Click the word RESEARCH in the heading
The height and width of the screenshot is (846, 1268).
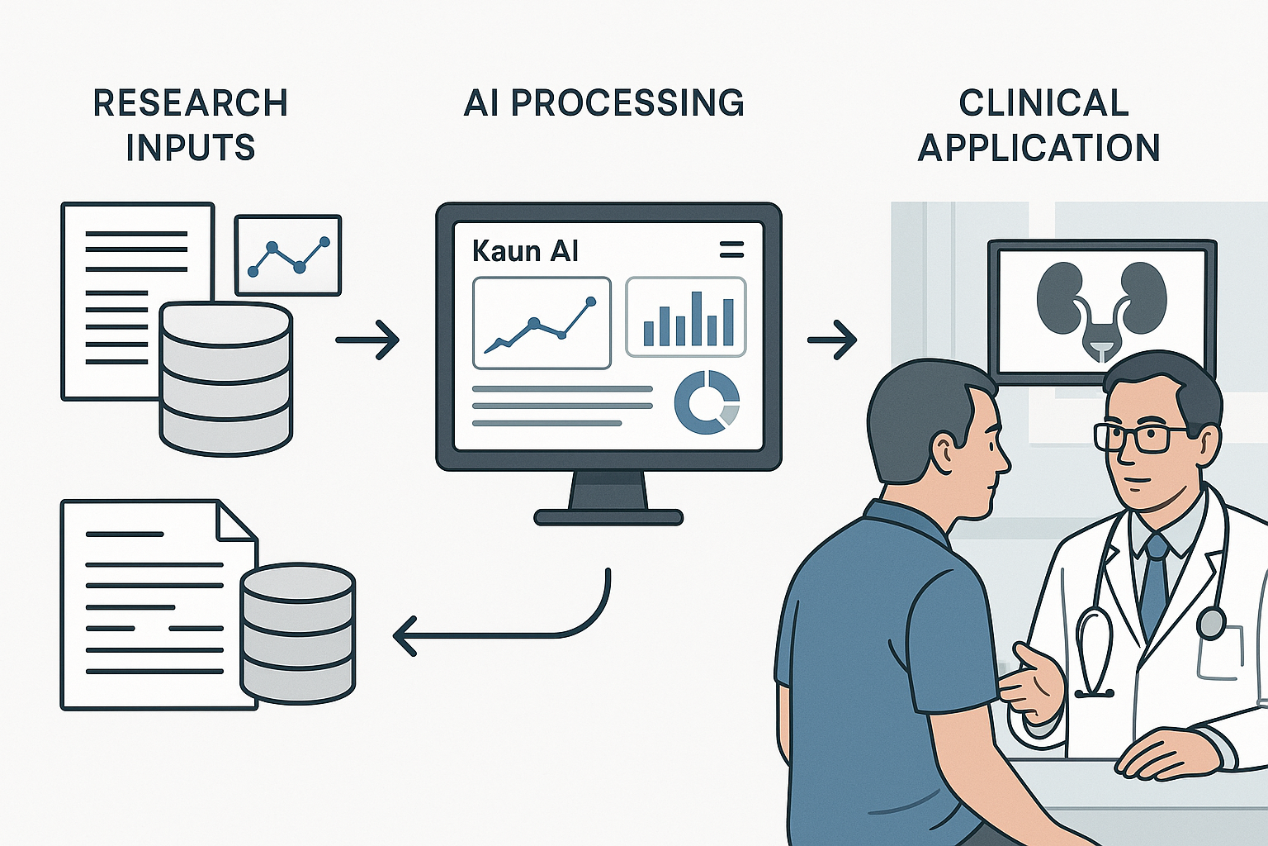pyautogui.click(x=190, y=103)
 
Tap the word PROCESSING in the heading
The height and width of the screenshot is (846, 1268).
pyautogui.click(x=627, y=103)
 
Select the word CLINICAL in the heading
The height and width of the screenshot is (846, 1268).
pyautogui.click(x=1043, y=103)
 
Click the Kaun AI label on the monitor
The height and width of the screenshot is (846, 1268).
pyautogui.click(x=525, y=251)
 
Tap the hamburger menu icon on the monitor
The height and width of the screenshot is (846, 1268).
pyautogui.click(x=731, y=250)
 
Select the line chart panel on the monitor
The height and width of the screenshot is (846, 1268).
pyautogui.click(x=542, y=322)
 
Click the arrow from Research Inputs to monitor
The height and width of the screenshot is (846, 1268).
pyautogui.click(x=368, y=340)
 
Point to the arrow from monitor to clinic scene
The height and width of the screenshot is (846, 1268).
pyautogui.click(x=832, y=340)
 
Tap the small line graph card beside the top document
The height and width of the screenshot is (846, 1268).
pyautogui.click(x=288, y=255)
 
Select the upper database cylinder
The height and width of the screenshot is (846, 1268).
pyautogui.click(x=226, y=378)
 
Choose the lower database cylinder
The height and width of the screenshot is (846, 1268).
pyautogui.click(x=297, y=632)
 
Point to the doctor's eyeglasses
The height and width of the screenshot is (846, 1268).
pyautogui.click(x=1138, y=437)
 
